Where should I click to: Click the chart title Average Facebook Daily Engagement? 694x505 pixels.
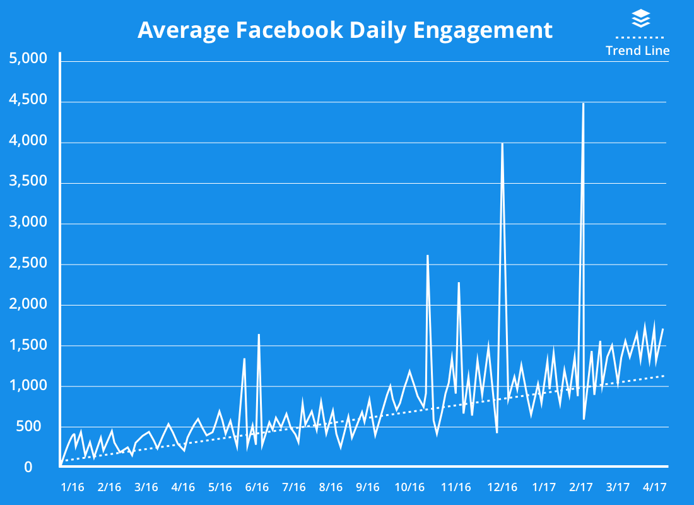tap(344, 30)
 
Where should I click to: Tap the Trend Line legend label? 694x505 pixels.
tap(637, 50)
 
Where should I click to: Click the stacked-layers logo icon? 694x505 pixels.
tap(640, 18)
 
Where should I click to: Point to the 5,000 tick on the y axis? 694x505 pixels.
tap(29, 59)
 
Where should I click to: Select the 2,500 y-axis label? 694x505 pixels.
tap(29, 264)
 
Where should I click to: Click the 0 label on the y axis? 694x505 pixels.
tap(28, 468)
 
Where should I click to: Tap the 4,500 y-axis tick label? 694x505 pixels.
tap(29, 100)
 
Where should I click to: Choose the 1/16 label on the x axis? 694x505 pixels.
tap(73, 487)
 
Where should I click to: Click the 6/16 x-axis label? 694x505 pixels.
tap(257, 487)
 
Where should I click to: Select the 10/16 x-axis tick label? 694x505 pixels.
tap(409, 487)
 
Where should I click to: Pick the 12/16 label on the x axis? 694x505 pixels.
tap(502, 487)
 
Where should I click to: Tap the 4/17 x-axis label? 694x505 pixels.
tap(654, 487)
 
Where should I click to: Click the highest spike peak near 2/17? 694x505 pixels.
tap(583, 104)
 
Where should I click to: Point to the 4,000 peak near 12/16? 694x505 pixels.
tap(502, 144)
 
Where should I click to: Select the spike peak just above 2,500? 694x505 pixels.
tap(428, 256)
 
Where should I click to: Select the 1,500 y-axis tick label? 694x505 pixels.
tap(29, 345)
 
